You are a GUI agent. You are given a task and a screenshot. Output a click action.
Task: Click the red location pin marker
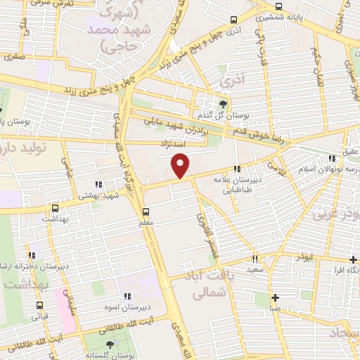point(181,166)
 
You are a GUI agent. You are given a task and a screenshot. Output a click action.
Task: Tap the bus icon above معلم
point(146,211)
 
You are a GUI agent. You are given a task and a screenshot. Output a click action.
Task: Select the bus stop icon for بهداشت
point(55,208)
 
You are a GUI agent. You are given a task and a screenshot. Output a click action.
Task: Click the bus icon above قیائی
point(39,305)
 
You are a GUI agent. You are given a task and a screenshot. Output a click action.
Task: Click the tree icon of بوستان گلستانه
point(108,345)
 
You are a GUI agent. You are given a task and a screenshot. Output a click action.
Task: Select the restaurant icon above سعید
point(255,259)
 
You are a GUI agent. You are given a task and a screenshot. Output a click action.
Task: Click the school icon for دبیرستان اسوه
point(127,296)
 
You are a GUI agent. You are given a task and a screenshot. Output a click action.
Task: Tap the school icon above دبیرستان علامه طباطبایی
point(237,169)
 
